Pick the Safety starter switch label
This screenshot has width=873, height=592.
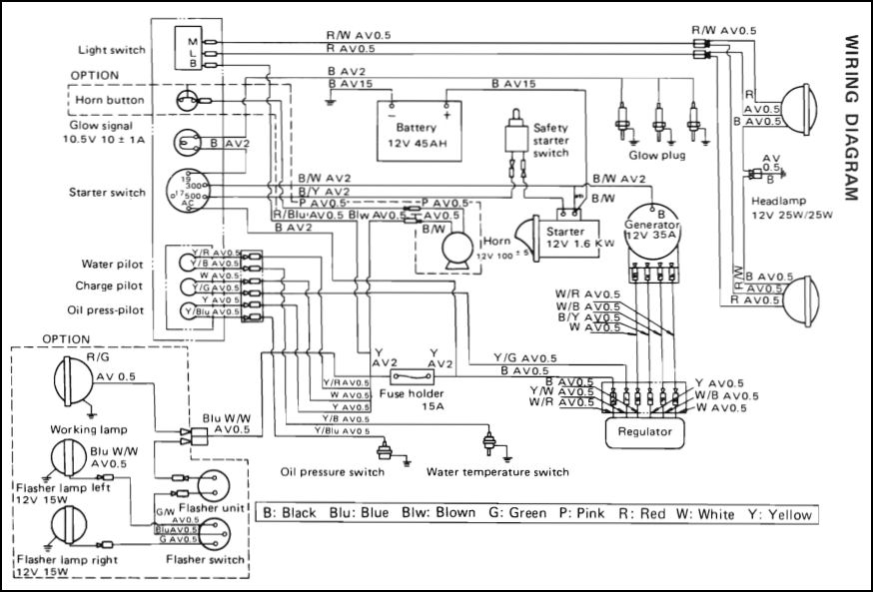(x=551, y=141)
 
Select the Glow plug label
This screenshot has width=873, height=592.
(x=654, y=156)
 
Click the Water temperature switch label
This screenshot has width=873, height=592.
(x=496, y=472)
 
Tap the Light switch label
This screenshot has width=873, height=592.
(x=112, y=50)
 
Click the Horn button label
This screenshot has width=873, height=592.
(x=110, y=101)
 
